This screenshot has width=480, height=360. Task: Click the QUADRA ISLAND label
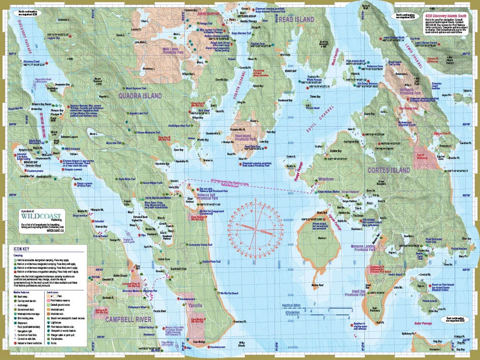[x=140, y=96]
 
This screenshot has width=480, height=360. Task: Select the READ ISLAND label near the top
[x=296, y=19]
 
